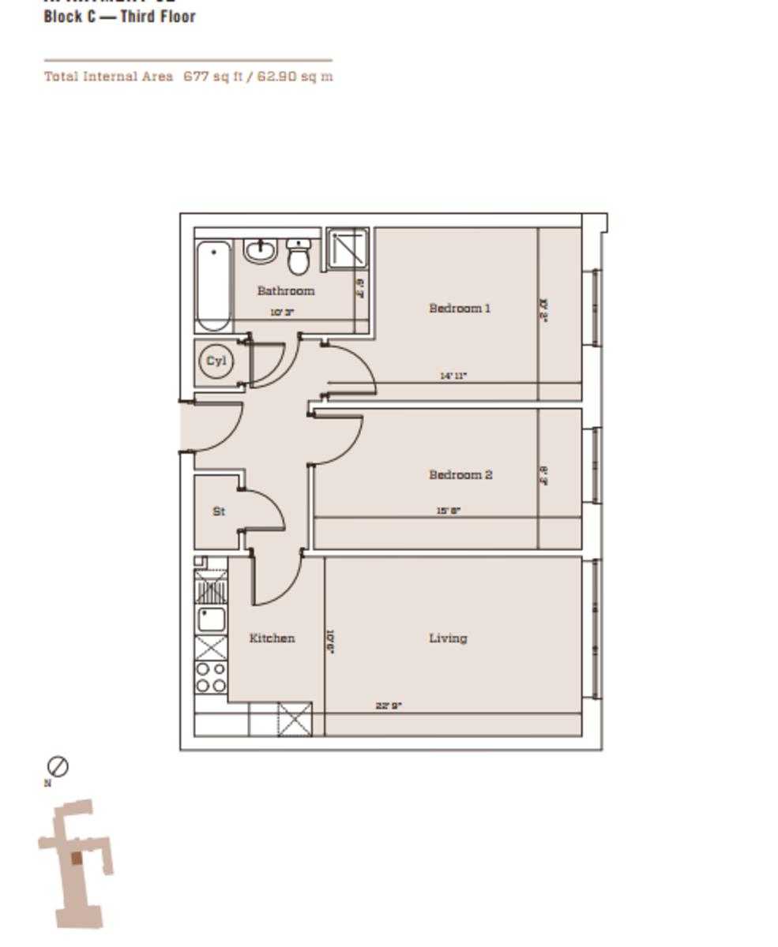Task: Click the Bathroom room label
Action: point(285,291)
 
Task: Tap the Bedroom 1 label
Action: point(459,308)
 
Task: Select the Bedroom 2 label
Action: point(460,475)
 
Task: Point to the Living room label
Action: point(448,638)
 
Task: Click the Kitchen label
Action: point(272,638)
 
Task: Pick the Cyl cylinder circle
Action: point(216,362)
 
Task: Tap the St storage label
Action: point(219,512)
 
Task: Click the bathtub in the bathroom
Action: point(213,286)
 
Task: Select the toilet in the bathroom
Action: point(299,257)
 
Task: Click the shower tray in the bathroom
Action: point(348,249)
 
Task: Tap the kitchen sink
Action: point(212,619)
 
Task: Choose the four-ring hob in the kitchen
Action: point(211,677)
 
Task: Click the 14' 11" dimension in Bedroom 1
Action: point(453,376)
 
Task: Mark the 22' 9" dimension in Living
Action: point(389,706)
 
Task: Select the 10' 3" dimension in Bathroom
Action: point(282,313)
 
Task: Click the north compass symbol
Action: point(58,766)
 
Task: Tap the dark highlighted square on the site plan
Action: point(77,859)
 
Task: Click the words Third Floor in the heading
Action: point(157,17)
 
